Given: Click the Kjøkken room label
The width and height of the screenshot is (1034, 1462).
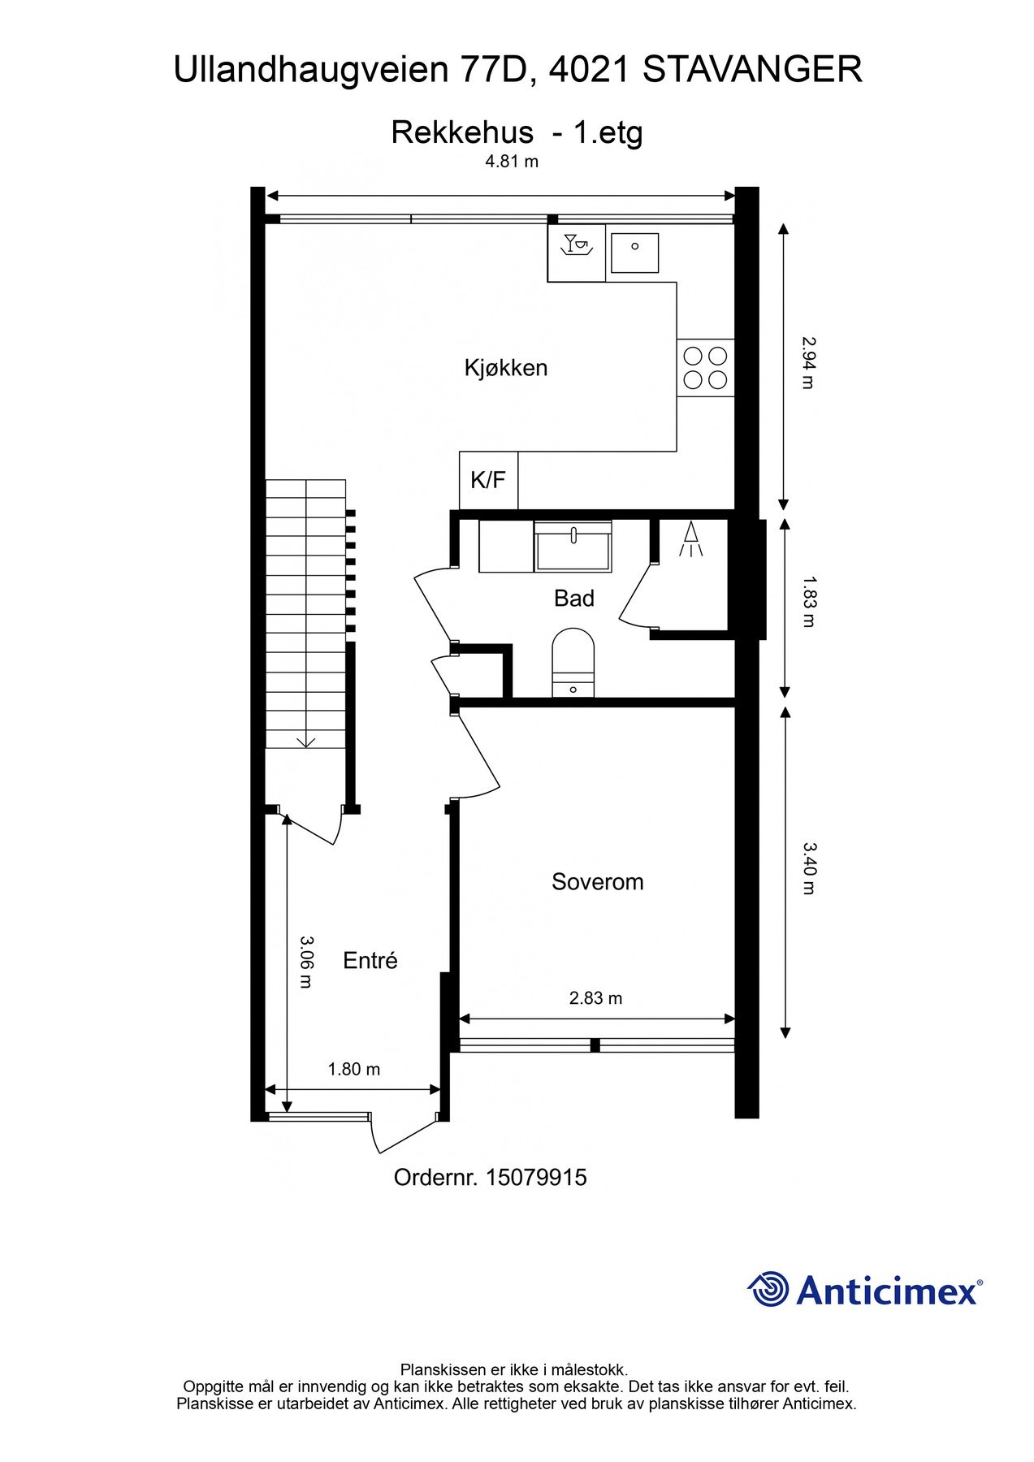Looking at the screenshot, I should (505, 368).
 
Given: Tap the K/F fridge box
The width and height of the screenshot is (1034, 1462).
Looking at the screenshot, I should (488, 480).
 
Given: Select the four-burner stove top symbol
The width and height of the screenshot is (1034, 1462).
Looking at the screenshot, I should (705, 367).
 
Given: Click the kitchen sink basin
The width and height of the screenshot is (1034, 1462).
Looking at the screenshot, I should (634, 253).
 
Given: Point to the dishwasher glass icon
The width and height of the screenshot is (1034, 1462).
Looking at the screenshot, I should (576, 244).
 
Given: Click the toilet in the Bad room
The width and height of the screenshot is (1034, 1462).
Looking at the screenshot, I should (573, 660).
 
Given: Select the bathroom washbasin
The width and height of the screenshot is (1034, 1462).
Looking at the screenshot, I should (573, 547).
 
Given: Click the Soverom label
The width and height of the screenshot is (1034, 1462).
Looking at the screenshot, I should (597, 882).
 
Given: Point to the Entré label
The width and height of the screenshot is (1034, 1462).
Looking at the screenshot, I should (370, 961).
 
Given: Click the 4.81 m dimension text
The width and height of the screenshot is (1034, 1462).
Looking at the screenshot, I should (512, 161).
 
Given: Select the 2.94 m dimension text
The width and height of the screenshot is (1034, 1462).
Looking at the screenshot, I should (807, 363).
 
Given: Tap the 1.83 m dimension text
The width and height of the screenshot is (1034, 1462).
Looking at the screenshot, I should (807, 602).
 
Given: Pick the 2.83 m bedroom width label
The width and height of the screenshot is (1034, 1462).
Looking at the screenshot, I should (595, 998).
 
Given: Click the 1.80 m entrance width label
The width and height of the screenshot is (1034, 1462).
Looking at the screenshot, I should (353, 1070).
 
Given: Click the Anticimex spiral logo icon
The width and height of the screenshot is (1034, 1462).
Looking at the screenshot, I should (768, 1290).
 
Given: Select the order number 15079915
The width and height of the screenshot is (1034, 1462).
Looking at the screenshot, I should (535, 1178).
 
